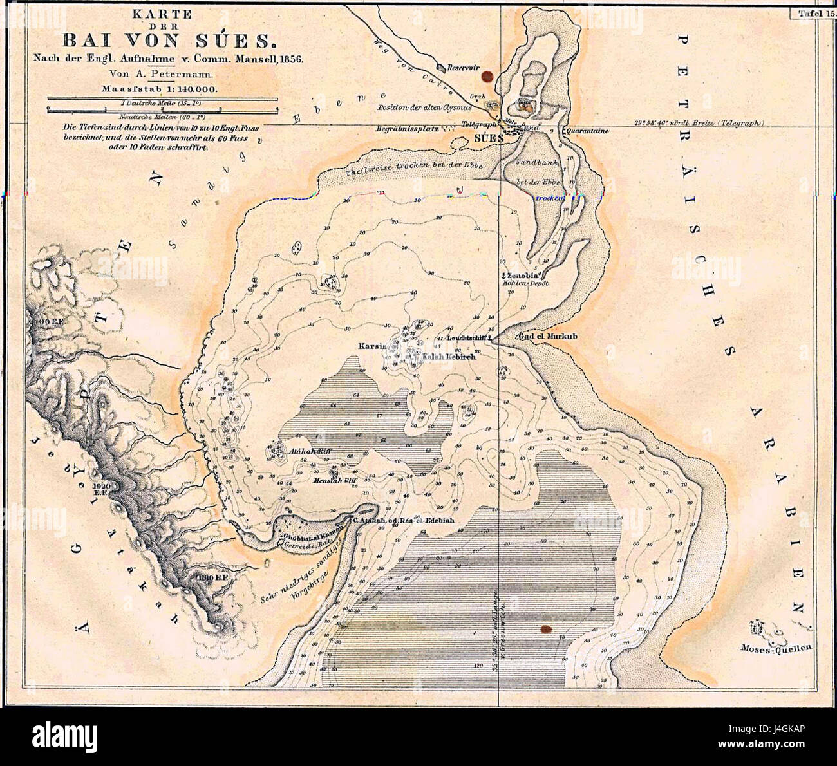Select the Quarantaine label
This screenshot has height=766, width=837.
[x=587, y=131]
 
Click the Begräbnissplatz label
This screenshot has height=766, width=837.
[x=407, y=129]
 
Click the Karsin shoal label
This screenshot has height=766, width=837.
[x=371, y=346]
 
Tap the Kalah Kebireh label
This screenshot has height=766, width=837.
[x=448, y=356]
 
